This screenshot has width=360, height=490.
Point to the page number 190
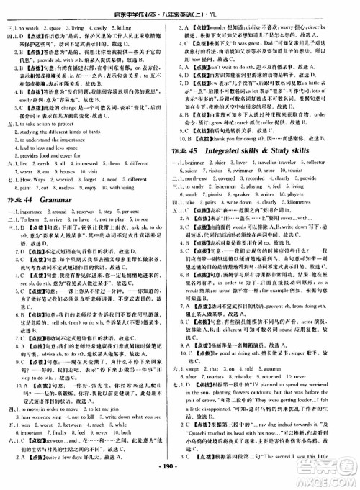(180, 479)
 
